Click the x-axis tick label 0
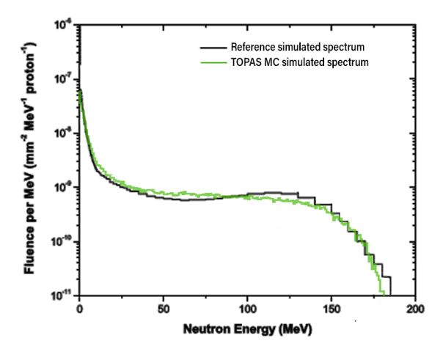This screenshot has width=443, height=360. point(78,309)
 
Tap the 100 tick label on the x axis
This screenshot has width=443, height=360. point(247,309)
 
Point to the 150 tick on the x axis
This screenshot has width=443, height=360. point(332,309)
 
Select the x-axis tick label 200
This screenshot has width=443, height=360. point(415,309)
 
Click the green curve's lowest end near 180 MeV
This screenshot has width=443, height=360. point(382,293)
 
